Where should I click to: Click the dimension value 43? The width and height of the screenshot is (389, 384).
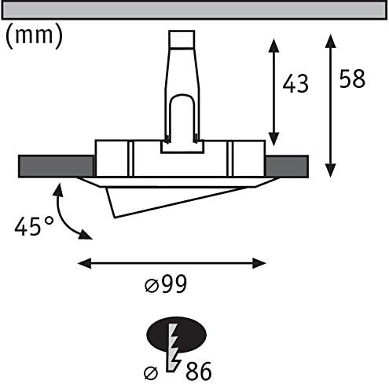[295, 83]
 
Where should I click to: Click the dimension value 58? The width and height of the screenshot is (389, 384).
[352, 79]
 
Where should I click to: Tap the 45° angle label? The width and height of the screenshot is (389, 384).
[34, 225]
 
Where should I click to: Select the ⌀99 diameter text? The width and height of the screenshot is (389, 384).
[166, 283]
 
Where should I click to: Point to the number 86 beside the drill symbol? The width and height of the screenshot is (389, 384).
[198, 371]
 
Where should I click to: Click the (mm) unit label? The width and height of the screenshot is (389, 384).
[34, 36]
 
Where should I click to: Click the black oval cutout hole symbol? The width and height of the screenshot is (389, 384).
[176, 335]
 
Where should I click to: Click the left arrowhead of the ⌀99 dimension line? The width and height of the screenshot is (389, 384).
[84, 263]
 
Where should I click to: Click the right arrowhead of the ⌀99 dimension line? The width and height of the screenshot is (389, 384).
[259, 263]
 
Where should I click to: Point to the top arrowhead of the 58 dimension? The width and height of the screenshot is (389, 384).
[331, 41]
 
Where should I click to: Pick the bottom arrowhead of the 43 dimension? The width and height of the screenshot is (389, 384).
[273, 139]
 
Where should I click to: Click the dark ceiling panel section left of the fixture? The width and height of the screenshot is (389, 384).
[56, 166]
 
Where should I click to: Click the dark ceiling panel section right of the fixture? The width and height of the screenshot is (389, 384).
[287, 166]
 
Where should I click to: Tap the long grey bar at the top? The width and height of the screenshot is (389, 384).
[194, 10]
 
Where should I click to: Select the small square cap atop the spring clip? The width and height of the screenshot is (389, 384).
[182, 39]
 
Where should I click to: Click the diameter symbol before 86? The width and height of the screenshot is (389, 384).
[151, 372]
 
